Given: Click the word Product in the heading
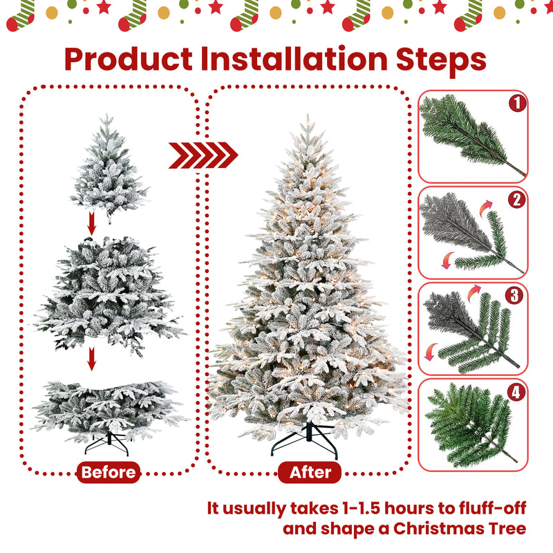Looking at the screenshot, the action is pyautogui.click(x=129, y=59).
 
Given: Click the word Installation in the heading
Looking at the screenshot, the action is pyautogui.click(x=294, y=59).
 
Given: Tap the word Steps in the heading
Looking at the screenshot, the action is pyautogui.click(x=441, y=60).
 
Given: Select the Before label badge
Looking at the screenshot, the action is pyautogui.click(x=109, y=472).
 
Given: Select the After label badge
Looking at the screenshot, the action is pyautogui.click(x=310, y=472).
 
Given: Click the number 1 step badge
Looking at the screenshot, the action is pyautogui.click(x=517, y=104).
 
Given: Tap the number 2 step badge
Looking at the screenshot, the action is pyautogui.click(x=517, y=200).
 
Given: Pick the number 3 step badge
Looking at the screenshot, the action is pyautogui.click(x=514, y=296).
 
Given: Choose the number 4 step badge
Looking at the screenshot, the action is pyautogui.click(x=516, y=392).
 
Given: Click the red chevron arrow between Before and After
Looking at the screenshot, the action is pyautogui.click(x=203, y=155).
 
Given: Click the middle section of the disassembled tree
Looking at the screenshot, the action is pyautogui.click(x=109, y=294).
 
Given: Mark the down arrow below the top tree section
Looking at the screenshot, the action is pyautogui.click(x=92, y=223).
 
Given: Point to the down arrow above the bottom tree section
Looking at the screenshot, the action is pyautogui.click(x=92, y=359).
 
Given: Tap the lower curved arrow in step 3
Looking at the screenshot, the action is pyautogui.click(x=430, y=352).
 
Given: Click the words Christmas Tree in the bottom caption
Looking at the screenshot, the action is pyautogui.click(x=460, y=529).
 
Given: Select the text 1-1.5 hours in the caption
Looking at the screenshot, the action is pyautogui.click(x=387, y=509).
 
